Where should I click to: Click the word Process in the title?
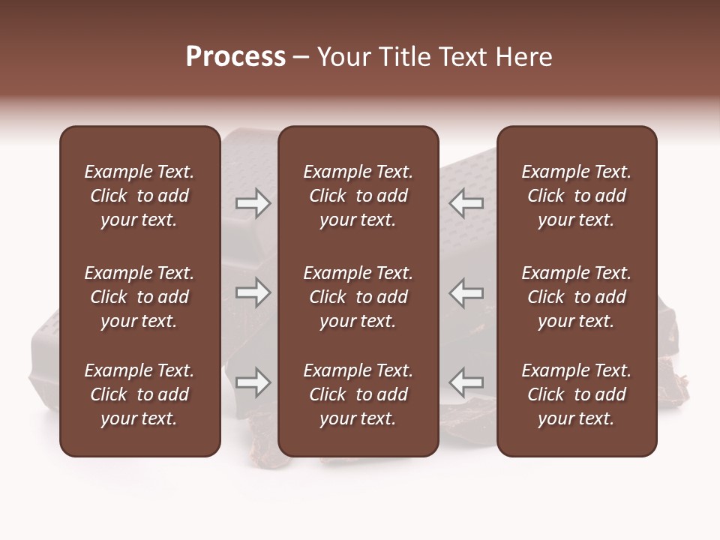pyautogui.click(x=235, y=57)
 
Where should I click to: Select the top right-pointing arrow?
pyautogui.click(x=253, y=203)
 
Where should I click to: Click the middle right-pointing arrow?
pyautogui.click(x=253, y=292)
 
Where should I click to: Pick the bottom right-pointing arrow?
pyautogui.click(x=253, y=382)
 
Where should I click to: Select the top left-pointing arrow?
pyautogui.click(x=466, y=203)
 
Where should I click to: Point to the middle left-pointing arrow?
pyautogui.click(x=466, y=292)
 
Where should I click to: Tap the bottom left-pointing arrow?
pyautogui.click(x=466, y=382)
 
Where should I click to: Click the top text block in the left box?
pyautogui.click(x=139, y=196)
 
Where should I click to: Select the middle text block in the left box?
pyautogui.click(x=139, y=297)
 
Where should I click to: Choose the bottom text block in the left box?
pyautogui.click(x=139, y=394)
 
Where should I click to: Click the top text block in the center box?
pyautogui.click(x=358, y=196)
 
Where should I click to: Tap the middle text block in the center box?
pyautogui.click(x=358, y=297)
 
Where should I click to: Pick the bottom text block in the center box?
pyautogui.click(x=358, y=394)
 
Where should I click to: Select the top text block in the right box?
pyautogui.click(x=577, y=196)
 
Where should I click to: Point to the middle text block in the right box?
pyautogui.click(x=577, y=297)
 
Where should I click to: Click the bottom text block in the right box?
pyautogui.click(x=577, y=394)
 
